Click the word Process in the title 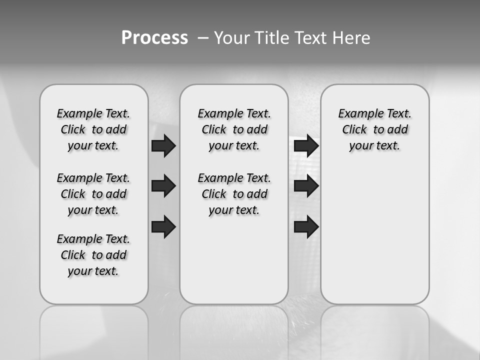[x=154, y=37]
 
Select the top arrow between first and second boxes [x=163, y=145]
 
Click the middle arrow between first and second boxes [x=163, y=186]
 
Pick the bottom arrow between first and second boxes [x=163, y=226]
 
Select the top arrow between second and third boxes [x=306, y=145]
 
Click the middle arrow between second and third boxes [x=306, y=186]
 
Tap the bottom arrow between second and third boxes [x=306, y=226]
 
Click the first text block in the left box [x=93, y=129]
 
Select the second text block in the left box [x=93, y=194]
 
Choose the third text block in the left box [x=93, y=255]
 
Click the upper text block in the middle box [x=234, y=129]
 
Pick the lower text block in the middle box [x=234, y=194]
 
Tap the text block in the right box [x=374, y=129]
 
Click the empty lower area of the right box [x=374, y=240]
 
